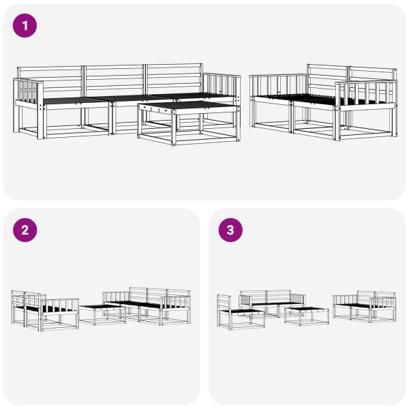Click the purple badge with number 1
[x=25, y=26]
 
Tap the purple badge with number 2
[x=25, y=230]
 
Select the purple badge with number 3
[x=230, y=230]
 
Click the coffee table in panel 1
[x=189, y=122]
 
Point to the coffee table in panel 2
[x=102, y=314]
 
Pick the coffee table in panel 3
[x=306, y=316]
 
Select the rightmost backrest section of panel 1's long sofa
[x=174, y=79]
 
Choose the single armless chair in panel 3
[x=241, y=312]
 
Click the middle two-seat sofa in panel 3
[x=272, y=303]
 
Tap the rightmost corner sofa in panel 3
[x=365, y=306]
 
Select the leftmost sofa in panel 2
[x=45, y=310]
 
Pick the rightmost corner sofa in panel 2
[x=147, y=306]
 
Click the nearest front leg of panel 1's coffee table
[x=173, y=128]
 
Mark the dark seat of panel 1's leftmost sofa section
[x=76, y=100]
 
